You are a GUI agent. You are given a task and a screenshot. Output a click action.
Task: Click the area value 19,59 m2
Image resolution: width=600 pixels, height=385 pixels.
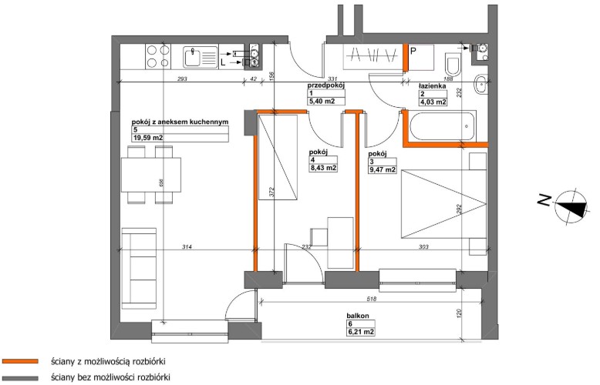point(148,138)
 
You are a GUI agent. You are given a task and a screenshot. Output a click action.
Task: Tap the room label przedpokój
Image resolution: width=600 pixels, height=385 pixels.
point(326,86)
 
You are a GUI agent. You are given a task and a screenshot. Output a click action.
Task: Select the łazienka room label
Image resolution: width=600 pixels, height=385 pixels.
point(433,86)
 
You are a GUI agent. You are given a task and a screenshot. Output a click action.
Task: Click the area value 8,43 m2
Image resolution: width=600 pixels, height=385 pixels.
point(323,168)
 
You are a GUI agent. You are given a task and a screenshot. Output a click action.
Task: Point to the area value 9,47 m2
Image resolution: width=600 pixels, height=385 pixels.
point(382,170)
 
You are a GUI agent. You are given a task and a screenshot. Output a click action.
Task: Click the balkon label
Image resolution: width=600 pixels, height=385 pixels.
point(358,316)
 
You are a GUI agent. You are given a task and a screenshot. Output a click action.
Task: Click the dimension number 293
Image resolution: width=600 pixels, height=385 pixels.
point(182,79)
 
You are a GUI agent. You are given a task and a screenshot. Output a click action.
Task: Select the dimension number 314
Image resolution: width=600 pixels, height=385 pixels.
point(187,247)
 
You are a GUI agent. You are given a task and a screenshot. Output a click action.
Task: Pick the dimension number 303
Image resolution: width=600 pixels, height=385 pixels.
point(423,247)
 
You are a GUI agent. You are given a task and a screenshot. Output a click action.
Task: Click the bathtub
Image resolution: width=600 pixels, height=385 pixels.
point(443,126)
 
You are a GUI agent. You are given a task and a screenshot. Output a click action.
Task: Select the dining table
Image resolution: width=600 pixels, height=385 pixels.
point(151,175)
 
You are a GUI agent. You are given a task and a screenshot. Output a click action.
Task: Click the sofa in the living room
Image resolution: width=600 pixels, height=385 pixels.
point(139,269)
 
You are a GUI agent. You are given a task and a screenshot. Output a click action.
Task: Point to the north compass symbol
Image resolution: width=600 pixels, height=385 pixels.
point(571,206)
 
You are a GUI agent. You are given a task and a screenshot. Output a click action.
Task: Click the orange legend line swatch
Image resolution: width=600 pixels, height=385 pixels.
point(20,361)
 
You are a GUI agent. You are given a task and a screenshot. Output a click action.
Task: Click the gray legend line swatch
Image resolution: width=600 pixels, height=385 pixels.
point(20,378)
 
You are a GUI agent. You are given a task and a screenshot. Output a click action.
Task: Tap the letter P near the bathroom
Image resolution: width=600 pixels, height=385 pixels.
point(413,51)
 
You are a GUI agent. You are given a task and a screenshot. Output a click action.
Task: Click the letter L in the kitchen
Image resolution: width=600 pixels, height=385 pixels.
point(223,63)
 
